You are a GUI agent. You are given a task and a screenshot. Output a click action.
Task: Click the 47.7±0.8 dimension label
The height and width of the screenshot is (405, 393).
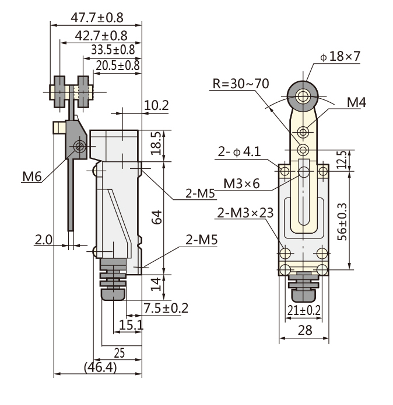pos(97,18)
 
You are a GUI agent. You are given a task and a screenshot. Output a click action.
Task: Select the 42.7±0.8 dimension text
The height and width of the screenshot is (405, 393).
pos(101,36)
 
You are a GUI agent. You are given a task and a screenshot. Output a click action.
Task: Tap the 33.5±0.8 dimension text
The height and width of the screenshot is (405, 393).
pos(113,50)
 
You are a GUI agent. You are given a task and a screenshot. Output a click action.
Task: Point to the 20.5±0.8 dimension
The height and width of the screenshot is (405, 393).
pos(118,65)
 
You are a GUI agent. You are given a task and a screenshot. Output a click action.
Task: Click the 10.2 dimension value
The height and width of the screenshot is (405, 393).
pos(156,105)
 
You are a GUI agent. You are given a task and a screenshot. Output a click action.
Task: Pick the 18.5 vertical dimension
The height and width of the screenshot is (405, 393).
pos(156,143)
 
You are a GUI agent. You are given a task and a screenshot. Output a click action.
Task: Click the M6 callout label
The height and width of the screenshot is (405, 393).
pos(31,177)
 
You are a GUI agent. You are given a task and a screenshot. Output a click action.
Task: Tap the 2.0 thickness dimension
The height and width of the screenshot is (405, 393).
pos(44,240)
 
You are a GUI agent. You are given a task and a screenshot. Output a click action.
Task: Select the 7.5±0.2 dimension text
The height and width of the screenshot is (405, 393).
pos(166,308)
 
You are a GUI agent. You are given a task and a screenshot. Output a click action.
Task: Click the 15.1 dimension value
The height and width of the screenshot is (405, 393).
pos(131,325)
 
